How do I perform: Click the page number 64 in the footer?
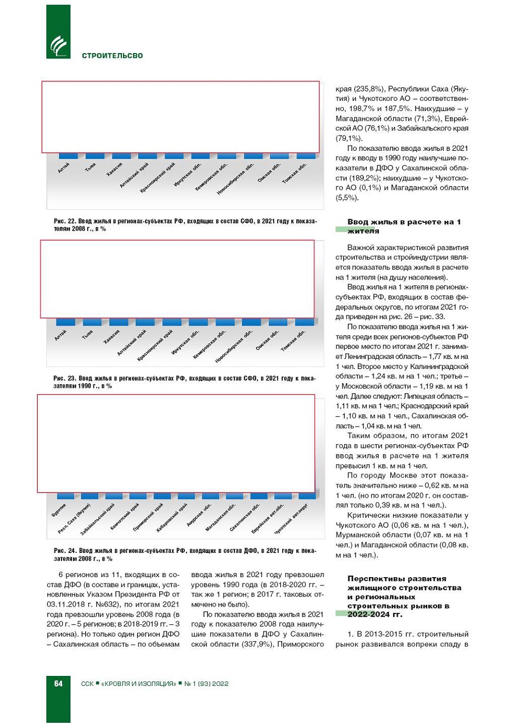(58, 683)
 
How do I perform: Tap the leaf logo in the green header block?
(58, 46)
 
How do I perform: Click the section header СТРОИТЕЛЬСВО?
(112, 56)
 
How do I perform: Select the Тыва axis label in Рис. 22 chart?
(90, 167)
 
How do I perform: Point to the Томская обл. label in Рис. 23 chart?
(293, 341)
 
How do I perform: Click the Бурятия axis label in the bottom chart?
(59, 510)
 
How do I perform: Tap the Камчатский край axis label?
(125, 517)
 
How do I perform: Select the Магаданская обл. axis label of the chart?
(220, 517)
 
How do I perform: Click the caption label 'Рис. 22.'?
(65, 221)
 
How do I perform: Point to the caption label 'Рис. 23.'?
(64, 378)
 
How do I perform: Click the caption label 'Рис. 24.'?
(65, 551)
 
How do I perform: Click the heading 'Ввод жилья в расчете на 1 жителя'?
(404, 226)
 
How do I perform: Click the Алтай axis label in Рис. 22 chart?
(64, 168)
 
